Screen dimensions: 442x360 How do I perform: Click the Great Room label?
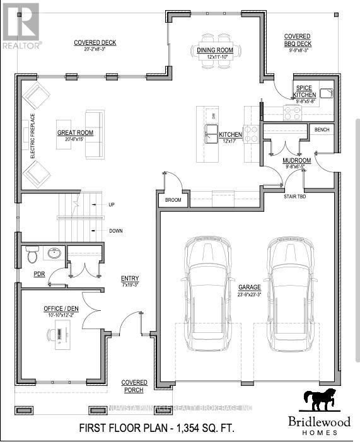point(75,132)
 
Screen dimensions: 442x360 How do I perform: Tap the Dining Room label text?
point(215,50)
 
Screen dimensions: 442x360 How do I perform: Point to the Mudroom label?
point(296,161)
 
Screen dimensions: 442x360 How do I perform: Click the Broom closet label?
point(173,200)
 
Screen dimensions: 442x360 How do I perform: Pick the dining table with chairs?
point(215,38)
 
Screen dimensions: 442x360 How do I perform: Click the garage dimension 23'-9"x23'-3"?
point(249,293)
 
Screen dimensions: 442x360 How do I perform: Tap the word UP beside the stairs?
point(112,205)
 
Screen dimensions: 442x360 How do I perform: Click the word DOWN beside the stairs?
point(115,231)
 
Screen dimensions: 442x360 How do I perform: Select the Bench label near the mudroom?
point(322,130)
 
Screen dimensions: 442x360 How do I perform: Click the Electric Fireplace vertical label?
point(15,136)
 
